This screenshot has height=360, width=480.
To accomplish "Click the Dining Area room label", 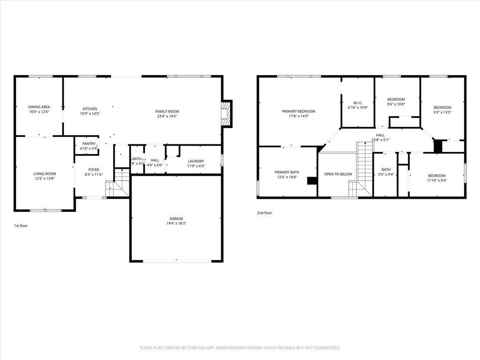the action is (x=39, y=107).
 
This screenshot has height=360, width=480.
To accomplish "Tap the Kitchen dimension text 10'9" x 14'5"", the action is (x=90, y=113).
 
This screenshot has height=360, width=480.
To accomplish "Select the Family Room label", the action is (x=167, y=112).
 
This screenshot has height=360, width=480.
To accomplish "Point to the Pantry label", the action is (x=89, y=144).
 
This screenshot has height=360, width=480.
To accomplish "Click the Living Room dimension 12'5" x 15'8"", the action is (x=45, y=179).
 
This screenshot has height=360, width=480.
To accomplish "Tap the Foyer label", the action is (x=94, y=170).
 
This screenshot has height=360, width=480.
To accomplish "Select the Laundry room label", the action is (x=196, y=161).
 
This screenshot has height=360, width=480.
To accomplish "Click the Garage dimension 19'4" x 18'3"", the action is (x=176, y=224).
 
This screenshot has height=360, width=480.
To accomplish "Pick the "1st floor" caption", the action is (x=21, y=226).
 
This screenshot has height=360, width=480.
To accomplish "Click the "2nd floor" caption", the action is (x=264, y=213).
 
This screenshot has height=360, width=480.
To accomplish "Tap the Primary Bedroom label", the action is (x=299, y=112).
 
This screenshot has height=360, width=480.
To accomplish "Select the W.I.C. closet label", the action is (x=358, y=103).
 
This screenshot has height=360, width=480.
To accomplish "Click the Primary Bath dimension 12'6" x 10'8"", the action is (x=287, y=177).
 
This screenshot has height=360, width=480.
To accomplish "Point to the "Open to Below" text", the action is (x=338, y=174).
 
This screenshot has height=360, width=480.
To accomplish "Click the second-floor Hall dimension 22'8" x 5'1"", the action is (x=381, y=140).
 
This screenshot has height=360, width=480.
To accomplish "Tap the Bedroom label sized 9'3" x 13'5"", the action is (x=442, y=107).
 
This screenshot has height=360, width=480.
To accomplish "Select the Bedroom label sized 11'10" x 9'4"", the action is (x=437, y=176).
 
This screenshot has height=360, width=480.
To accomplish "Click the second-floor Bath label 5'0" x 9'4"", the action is (x=386, y=170).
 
